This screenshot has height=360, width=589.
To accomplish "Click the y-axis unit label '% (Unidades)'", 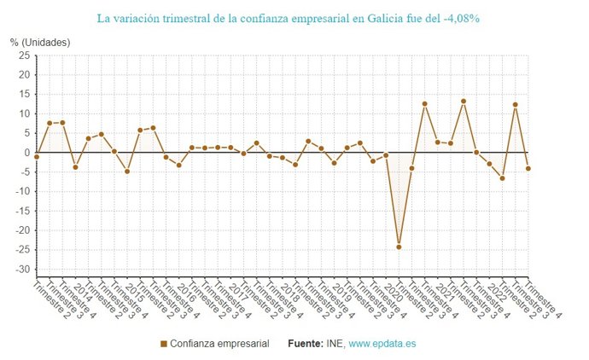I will (x=40, y=42).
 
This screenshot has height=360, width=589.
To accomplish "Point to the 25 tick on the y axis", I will (x=24, y=55).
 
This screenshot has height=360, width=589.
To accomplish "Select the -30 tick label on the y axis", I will (x=21, y=270).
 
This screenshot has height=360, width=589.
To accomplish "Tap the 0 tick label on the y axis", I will (x=26, y=153).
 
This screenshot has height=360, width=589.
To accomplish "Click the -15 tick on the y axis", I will (x=21, y=211).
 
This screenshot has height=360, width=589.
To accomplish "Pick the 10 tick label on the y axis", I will (x=24, y=113).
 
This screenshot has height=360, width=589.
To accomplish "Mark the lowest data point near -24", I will (x=399, y=247).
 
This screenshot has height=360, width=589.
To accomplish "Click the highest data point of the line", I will (x=464, y=102).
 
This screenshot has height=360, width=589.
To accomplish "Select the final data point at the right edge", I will (x=528, y=168).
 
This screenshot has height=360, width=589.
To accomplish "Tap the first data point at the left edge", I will (x=37, y=157).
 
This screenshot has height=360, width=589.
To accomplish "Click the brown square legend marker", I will (x=163, y=344).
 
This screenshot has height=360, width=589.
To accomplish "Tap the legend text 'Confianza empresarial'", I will (x=219, y=344).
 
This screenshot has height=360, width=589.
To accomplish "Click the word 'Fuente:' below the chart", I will (x=305, y=344).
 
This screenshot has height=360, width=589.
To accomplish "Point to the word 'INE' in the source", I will (x=335, y=344).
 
